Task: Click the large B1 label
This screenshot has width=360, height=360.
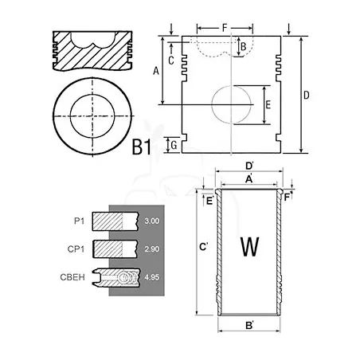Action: [x=142, y=147]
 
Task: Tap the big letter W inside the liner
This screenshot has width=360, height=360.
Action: [x=249, y=247]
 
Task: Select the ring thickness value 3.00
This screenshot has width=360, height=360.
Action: [x=152, y=221]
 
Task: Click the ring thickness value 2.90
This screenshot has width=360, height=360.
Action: [x=152, y=249]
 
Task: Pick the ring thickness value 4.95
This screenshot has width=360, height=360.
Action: [x=152, y=277]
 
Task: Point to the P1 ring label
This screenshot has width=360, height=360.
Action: [x=79, y=221]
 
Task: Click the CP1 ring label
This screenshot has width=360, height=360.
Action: [x=76, y=249]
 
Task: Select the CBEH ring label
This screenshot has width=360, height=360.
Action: [x=72, y=277]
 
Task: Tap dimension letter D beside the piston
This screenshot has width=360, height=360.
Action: [x=307, y=95]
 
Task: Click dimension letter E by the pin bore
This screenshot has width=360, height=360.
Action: [x=268, y=105]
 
